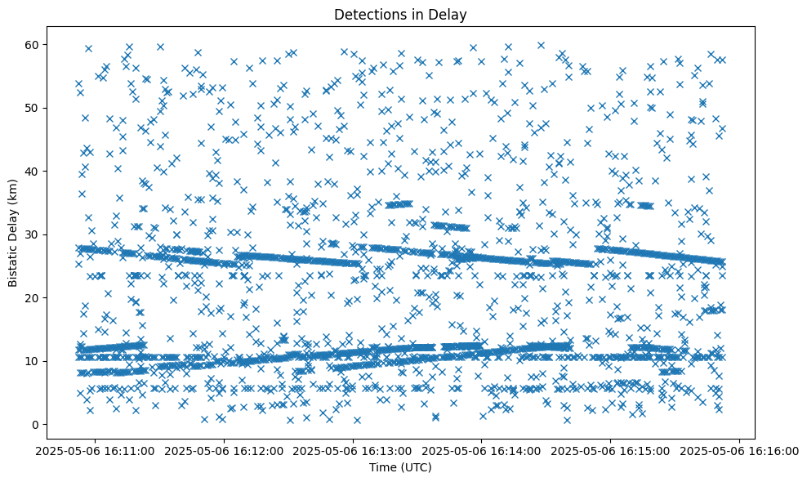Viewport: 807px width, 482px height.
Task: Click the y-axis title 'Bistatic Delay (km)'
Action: pos(13,232)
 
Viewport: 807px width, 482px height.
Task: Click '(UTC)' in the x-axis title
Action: pos(418,468)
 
